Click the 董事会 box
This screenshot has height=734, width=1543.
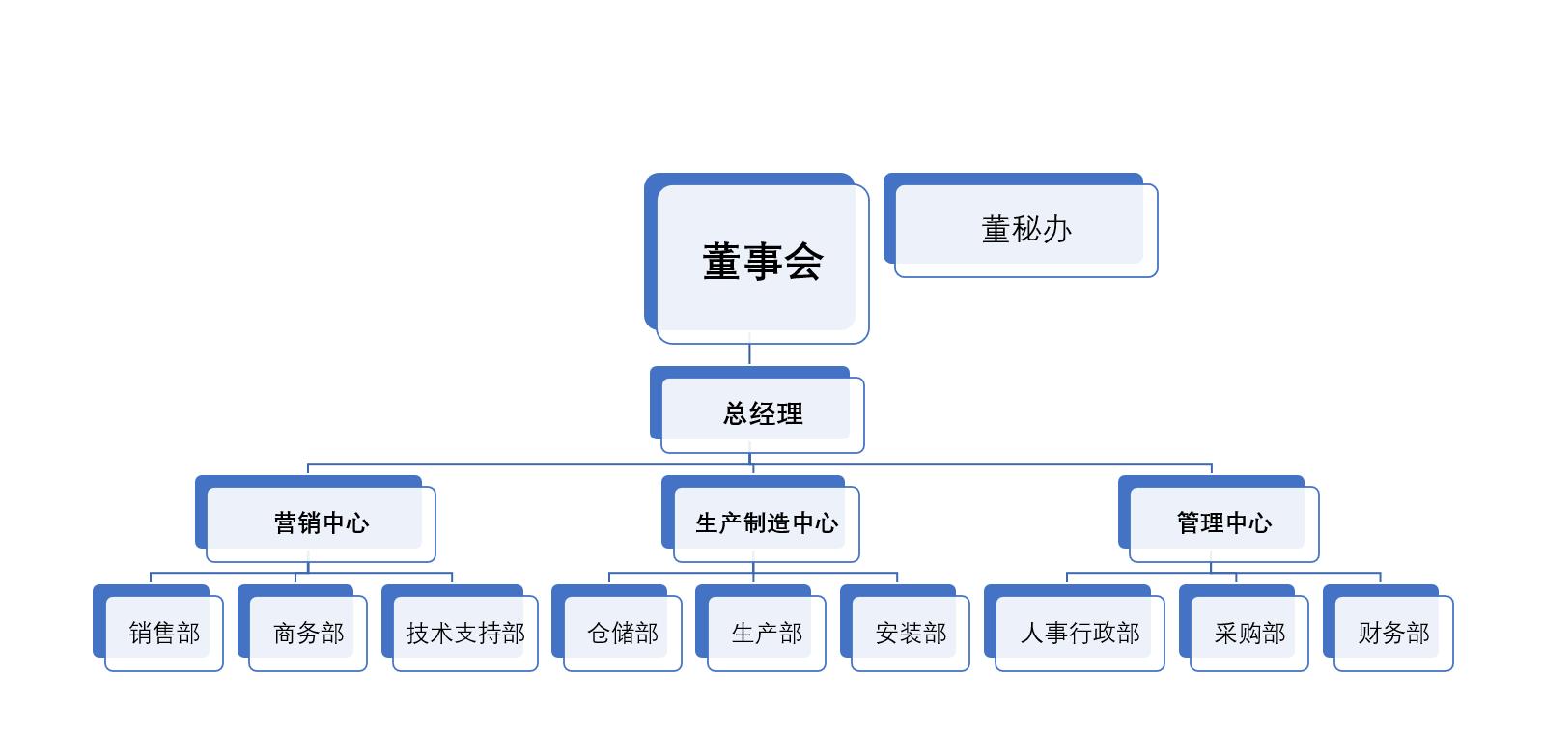pos(756,259)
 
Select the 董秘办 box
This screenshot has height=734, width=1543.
pos(1021,225)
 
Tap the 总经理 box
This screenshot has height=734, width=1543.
pos(756,409)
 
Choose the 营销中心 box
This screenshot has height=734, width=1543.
pos(316,519)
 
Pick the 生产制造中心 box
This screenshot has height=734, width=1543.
pos(761,519)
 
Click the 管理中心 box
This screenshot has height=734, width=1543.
pos(1219,519)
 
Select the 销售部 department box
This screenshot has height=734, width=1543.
pos(157,628)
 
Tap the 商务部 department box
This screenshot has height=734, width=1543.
pos(302,628)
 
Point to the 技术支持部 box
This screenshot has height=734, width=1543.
pos(460,628)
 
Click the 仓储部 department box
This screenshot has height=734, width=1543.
pos(616,628)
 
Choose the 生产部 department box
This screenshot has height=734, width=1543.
pos(761,628)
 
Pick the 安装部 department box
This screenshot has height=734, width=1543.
pos(905,628)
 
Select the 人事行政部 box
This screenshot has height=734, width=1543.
pos(1074,628)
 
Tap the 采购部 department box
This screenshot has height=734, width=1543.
pos(1244,628)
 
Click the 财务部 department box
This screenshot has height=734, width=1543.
pos(1388,628)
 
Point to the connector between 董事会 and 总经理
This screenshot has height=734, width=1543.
pos(749,354)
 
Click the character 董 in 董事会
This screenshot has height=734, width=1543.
pos(722,262)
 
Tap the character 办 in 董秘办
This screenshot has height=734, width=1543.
pos(1057,230)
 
